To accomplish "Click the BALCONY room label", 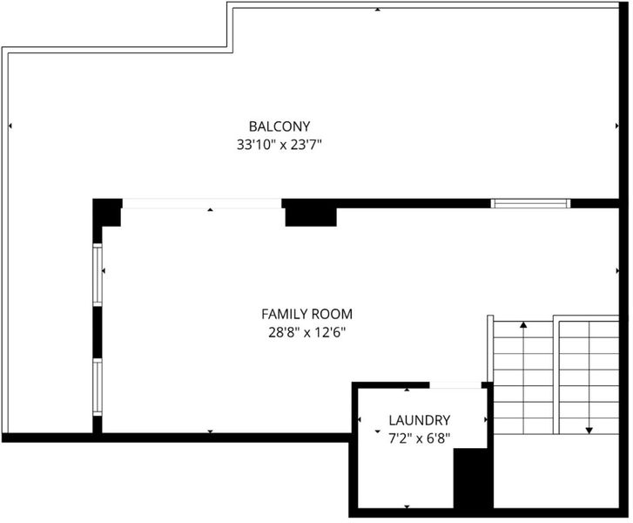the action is click(279, 126).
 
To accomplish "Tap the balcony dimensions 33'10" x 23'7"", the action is click(279, 145).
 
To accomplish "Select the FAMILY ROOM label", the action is click(306, 314).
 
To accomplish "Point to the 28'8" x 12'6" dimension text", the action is click(307, 333).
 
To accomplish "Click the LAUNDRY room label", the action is click(419, 420).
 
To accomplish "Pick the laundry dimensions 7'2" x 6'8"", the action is click(419, 438).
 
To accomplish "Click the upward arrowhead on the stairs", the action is click(523, 324).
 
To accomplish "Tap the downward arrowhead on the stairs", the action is click(589, 431).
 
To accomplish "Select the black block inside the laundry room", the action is click(473, 479).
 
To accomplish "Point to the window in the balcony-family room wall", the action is click(530, 203).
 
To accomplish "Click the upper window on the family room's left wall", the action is click(98, 275).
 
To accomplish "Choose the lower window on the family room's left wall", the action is click(98, 387).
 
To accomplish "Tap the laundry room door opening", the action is click(455, 385).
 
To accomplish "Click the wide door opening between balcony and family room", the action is click(202, 203).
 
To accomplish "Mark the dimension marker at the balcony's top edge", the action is click(378, 10).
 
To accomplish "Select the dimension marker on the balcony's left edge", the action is click(10, 126).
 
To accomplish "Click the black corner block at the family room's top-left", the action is click(107, 212).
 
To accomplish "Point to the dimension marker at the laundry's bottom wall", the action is click(407, 506).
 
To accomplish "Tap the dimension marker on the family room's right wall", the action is click(617, 270).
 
